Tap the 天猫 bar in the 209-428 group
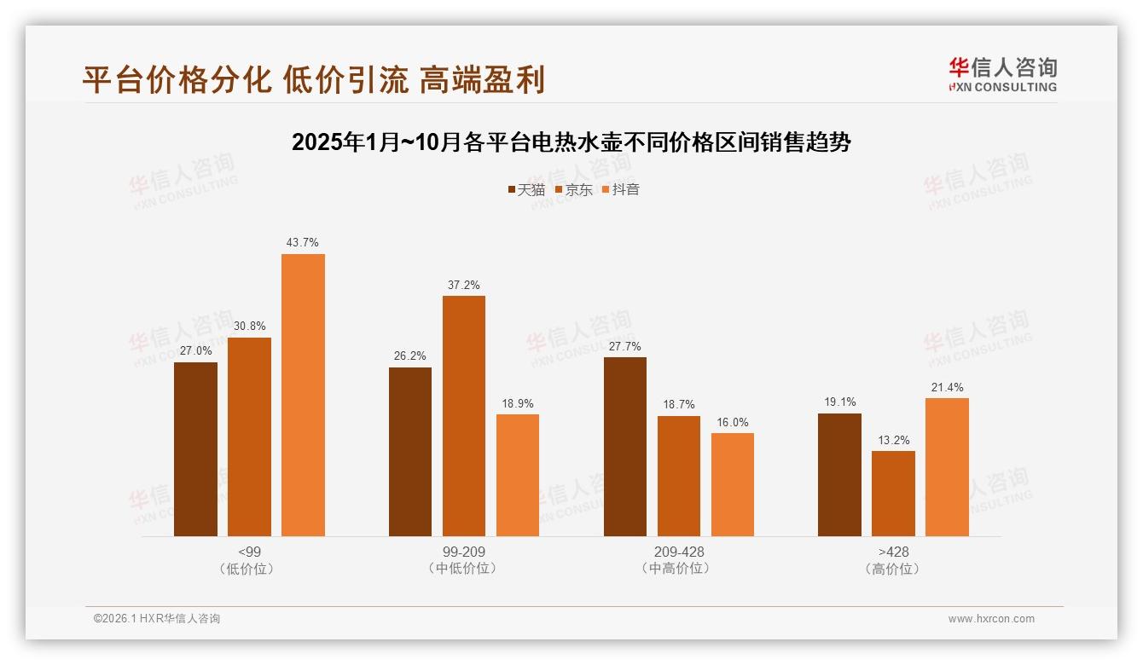[x=624, y=447]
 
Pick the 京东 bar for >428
[x=893, y=494]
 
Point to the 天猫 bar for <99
[x=195, y=449]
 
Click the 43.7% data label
[x=303, y=243]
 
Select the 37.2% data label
[x=463, y=285]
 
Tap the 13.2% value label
[x=893, y=440]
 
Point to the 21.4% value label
[x=947, y=387]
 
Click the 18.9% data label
[x=517, y=403]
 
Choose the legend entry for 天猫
[x=526, y=189]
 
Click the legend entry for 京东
[x=574, y=189]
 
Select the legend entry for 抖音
[x=621, y=189]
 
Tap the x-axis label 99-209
[x=463, y=552]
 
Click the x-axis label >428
[x=893, y=552]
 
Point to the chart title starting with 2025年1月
[x=571, y=142]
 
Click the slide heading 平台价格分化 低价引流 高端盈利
[x=313, y=79]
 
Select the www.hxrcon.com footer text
[x=990, y=619]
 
